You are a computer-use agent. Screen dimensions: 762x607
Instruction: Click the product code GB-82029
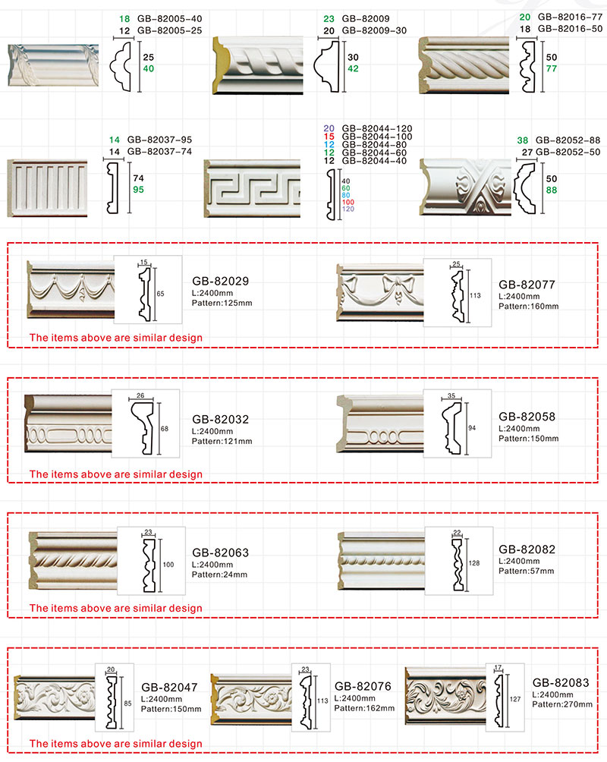pos(220,281)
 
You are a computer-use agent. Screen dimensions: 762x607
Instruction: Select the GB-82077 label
pos(527,285)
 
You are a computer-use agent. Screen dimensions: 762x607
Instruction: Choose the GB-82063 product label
pos(220,553)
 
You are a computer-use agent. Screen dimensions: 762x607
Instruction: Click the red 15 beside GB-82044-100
pos(329,137)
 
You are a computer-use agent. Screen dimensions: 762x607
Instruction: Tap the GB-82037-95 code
pos(159,140)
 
